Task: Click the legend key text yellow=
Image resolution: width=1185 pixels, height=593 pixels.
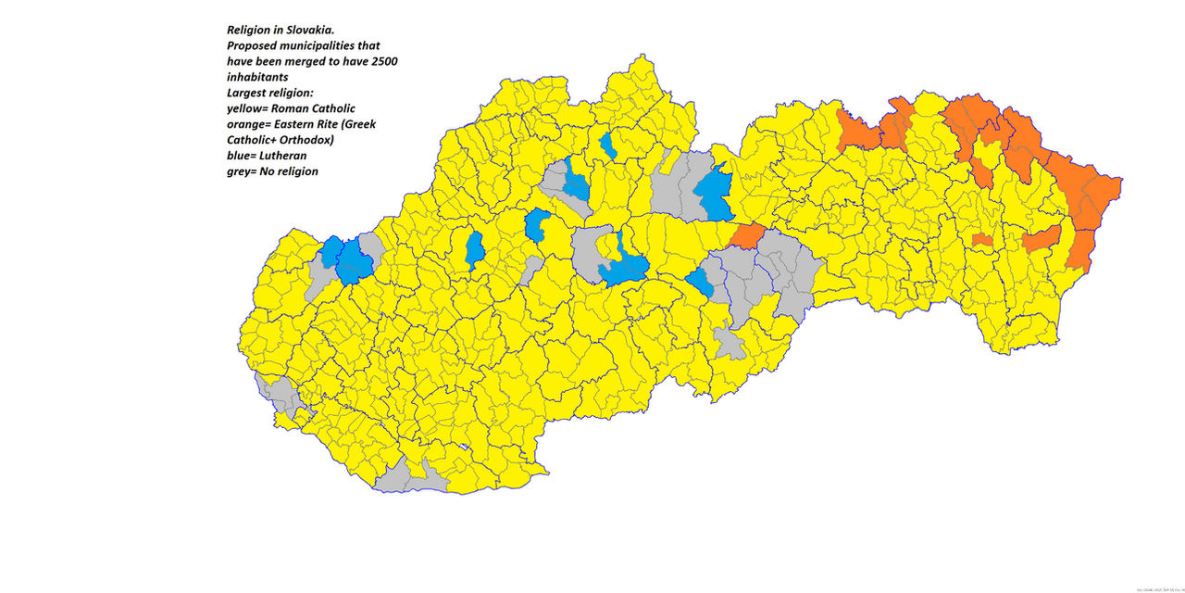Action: [255, 108]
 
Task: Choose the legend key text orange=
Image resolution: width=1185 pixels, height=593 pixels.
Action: [256, 124]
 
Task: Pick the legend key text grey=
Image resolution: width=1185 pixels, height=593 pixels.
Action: [246, 171]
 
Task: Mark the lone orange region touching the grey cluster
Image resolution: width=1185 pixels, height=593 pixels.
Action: [748, 235]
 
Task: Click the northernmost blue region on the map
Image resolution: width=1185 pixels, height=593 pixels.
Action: [608, 145]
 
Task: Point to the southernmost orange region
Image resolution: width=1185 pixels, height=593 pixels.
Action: [1078, 250]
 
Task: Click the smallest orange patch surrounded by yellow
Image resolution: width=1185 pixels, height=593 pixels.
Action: [982, 240]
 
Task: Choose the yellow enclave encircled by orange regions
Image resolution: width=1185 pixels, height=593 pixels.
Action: [987, 153]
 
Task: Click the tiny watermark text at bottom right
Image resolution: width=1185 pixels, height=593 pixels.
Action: [1156, 588]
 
